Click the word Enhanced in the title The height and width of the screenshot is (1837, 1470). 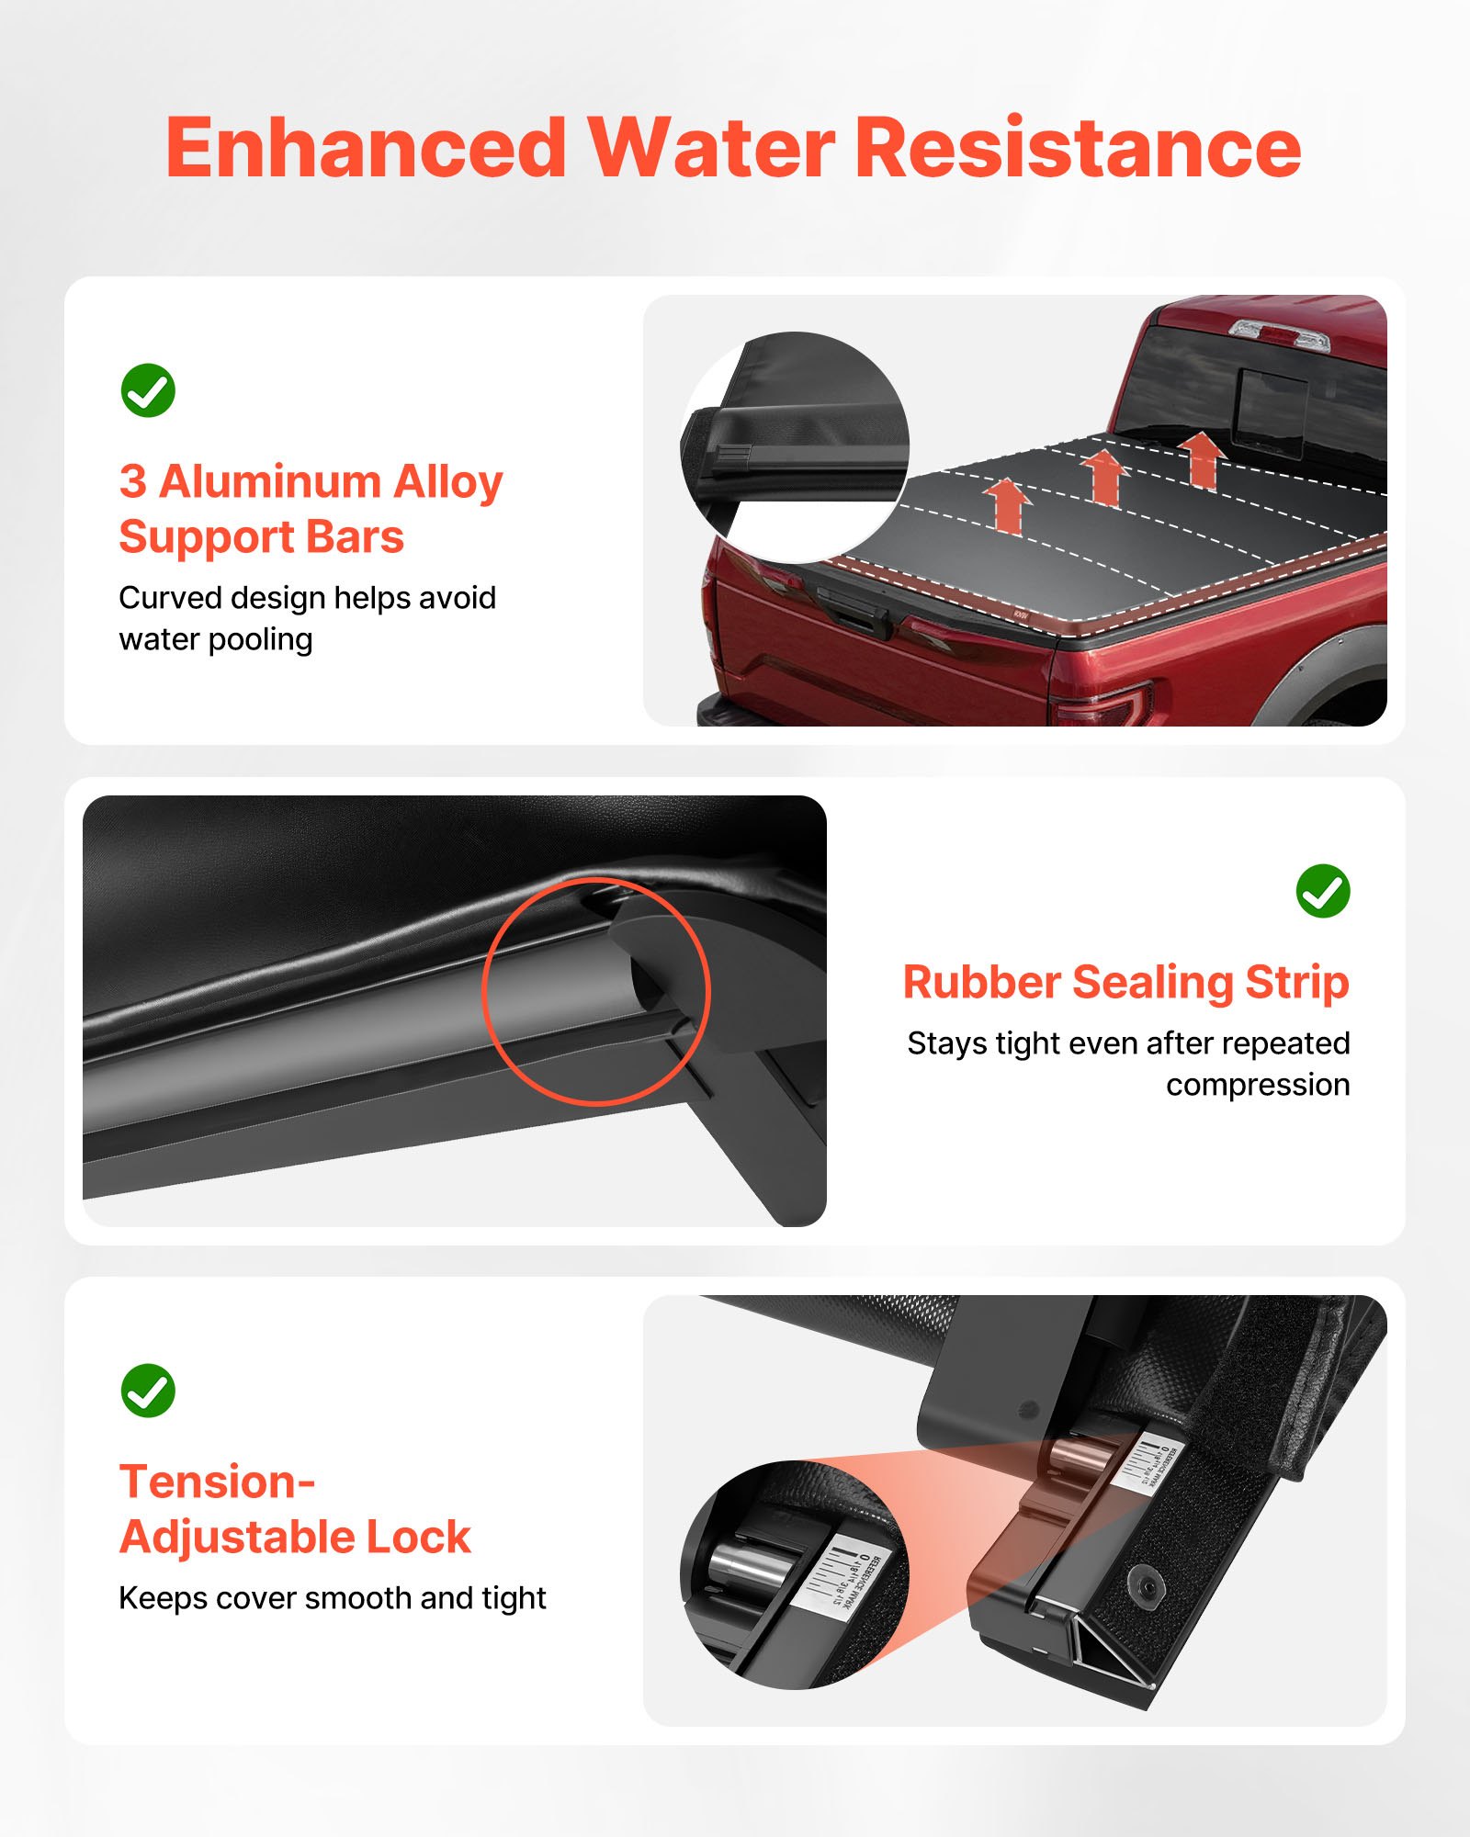point(366,149)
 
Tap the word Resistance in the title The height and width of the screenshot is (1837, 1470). point(1078,149)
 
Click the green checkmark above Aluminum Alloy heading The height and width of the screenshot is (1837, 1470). point(148,390)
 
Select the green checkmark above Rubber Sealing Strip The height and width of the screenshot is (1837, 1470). point(1322,891)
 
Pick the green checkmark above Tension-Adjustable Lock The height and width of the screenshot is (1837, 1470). point(148,1390)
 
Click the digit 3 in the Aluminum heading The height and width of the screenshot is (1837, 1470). point(132,482)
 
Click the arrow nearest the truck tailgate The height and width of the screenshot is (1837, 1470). point(1008,505)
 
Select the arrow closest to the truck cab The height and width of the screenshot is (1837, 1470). point(1202,459)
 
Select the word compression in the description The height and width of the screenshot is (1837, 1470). point(1257,1085)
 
